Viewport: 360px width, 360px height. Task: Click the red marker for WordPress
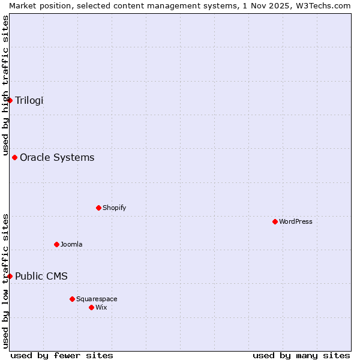(x=275, y=222)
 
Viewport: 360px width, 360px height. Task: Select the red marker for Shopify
(x=98, y=208)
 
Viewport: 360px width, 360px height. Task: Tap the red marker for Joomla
(x=56, y=244)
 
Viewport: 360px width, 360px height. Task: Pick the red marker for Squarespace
(x=72, y=299)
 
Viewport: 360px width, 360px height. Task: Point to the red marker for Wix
(x=91, y=307)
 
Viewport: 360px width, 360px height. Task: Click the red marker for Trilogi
(x=10, y=100)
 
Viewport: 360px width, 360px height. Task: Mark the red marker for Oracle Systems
(x=14, y=158)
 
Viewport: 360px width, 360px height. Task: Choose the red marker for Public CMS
(x=10, y=276)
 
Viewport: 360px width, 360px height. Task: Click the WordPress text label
(x=296, y=222)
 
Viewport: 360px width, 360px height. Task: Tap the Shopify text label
(x=115, y=208)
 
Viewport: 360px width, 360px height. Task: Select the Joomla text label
(x=71, y=244)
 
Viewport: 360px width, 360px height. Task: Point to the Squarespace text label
(x=97, y=299)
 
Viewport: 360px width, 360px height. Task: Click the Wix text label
(x=101, y=307)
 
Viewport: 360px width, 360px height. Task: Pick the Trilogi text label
(x=29, y=100)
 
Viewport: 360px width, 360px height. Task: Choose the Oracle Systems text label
(x=57, y=158)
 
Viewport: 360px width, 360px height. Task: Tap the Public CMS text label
(x=41, y=276)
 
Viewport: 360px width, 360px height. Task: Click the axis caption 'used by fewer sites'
(x=62, y=355)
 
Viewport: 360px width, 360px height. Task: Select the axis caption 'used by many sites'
(x=301, y=355)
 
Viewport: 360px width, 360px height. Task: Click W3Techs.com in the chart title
(x=325, y=5)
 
